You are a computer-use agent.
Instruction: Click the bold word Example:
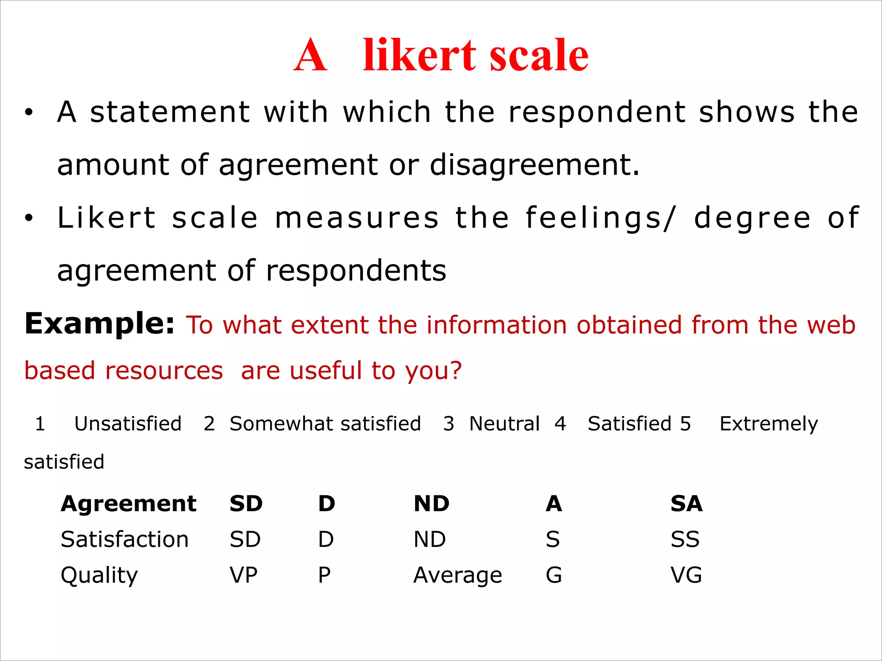(99, 324)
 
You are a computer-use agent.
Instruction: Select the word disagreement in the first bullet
(534, 165)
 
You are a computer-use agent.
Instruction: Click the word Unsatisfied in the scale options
(128, 424)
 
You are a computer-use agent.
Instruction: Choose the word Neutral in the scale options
(504, 424)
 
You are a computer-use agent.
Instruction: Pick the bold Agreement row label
(129, 504)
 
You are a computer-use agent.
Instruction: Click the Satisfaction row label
(125, 540)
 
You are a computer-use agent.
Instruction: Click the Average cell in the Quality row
(458, 575)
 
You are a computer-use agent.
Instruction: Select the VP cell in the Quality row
(244, 575)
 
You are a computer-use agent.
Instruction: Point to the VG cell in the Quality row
(686, 575)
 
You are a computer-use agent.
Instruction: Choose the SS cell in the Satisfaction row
(685, 540)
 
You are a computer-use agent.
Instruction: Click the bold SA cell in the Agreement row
(686, 504)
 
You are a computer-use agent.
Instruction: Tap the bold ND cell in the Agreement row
(432, 504)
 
